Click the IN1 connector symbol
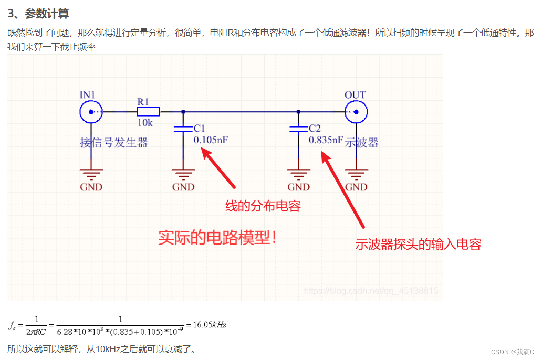point(91,112)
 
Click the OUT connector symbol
point(356,112)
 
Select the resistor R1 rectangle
point(148,112)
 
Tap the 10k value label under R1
point(145,123)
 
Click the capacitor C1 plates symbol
point(183,129)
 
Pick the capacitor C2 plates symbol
point(298,129)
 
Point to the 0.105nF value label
point(211,140)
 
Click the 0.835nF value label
point(326,140)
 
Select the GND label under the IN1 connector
point(91,187)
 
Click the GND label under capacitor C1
point(183,187)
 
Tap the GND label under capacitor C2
point(298,187)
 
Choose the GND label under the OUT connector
point(357,187)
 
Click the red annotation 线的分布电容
point(263,206)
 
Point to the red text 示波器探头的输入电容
point(419,244)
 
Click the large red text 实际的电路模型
point(218,238)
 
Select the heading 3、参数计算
point(38,14)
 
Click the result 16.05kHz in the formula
point(210,325)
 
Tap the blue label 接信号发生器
point(114,143)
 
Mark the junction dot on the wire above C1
point(183,112)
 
